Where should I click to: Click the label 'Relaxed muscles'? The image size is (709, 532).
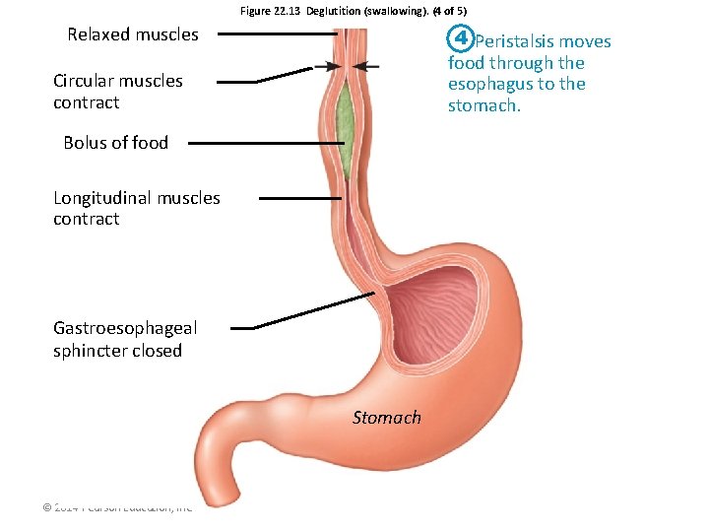click(133, 34)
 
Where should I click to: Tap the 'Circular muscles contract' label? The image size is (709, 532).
click(117, 92)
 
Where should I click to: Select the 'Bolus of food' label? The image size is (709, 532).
click(115, 143)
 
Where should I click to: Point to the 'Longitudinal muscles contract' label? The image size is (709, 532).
click(136, 208)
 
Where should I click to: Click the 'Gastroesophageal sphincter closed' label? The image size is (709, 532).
click(124, 339)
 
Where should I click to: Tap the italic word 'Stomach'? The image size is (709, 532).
click(386, 418)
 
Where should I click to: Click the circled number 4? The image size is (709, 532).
click(460, 40)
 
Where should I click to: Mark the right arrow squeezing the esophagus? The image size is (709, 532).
click(365, 66)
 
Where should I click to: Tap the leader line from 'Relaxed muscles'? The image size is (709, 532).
click(276, 33)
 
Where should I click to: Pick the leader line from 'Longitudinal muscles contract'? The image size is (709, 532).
click(299, 198)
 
